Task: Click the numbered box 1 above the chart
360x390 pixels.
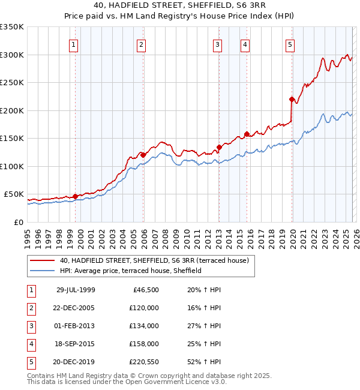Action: pos(73,44)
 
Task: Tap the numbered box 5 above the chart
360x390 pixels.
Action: pos(290,44)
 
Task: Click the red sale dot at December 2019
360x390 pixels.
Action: pos(292,100)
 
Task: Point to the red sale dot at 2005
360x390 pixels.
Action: pos(143,155)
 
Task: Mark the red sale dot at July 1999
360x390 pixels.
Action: pos(75,196)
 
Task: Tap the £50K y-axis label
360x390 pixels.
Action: pos(14,194)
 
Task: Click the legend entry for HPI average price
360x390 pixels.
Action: pos(130,271)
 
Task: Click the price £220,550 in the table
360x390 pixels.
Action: pos(143,362)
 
